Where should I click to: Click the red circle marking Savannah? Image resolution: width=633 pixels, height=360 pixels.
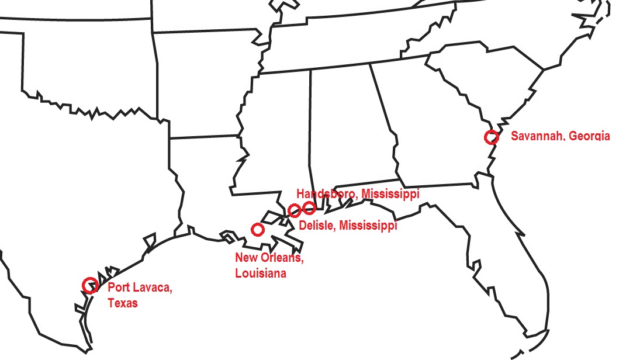(492, 137)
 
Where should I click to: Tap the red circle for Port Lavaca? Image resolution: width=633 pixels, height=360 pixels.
(89, 285)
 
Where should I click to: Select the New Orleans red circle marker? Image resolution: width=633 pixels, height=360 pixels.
(257, 229)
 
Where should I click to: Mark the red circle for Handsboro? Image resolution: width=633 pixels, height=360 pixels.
(309, 207)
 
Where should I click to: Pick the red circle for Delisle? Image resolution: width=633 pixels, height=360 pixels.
(295, 210)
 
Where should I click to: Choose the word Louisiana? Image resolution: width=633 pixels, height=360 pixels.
(261, 273)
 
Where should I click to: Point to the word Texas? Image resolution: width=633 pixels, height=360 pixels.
(122, 303)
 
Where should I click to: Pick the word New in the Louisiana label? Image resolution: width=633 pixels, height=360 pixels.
(245, 258)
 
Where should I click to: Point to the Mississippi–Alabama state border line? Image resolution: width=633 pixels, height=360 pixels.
(310, 129)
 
